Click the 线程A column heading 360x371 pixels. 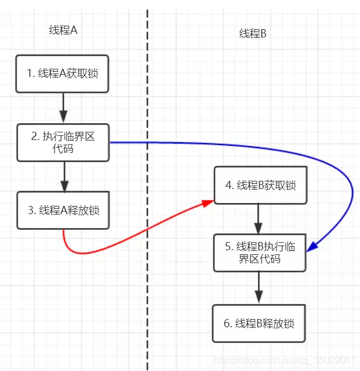click(x=63, y=30)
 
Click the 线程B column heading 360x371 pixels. click(x=253, y=33)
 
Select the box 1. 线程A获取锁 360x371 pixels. click(x=62, y=73)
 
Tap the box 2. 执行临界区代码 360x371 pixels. click(x=63, y=142)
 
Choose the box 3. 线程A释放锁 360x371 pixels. click(x=63, y=211)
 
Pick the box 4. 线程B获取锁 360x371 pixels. click(x=261, y=185)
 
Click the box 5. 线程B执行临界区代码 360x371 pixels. click(x=260, y=253)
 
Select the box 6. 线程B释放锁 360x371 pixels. click(x=259, y=323)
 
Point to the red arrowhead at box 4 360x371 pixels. click(x=208, y=203)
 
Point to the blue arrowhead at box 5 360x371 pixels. click(x=312, y=247)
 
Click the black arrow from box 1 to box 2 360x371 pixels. click(x=63, y=108)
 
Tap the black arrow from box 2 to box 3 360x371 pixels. click(x=64, y=177)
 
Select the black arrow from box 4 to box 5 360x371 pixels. click(x=258, y=219)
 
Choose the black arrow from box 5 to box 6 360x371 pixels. click(x=258, y=287)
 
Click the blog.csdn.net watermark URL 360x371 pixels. click(x=284, y=360)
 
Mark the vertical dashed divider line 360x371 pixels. click(x=148, y=189)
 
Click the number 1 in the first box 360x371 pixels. click(x=29, y=73)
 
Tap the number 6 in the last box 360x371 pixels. click(x=227, y=323)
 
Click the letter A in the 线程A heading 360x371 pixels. click(x=74, y=30)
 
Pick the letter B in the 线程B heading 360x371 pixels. click(x=263, y=34)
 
